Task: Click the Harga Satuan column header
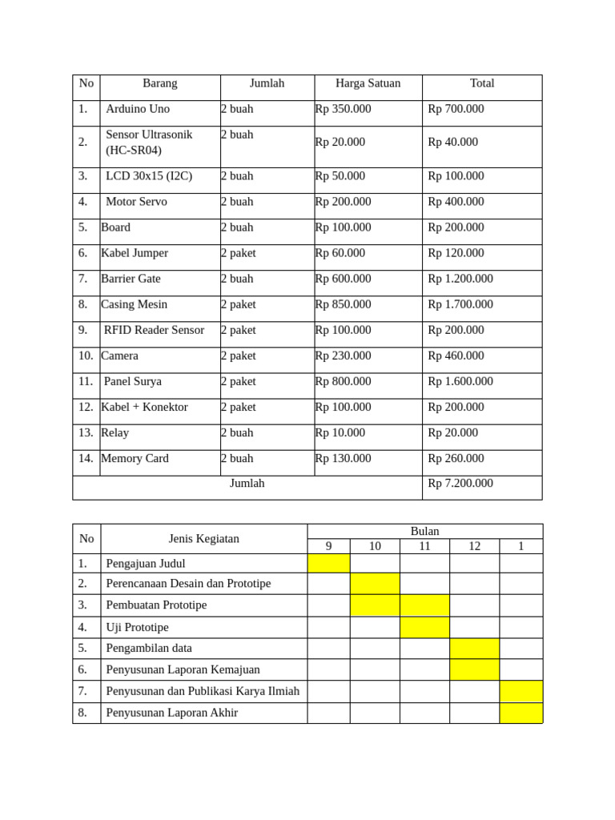tap(368, 83)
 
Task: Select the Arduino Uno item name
tap(138, 109)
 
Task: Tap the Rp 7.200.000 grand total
tap(460, 484)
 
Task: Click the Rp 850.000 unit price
tap(343, 304)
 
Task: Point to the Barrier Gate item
tap(131, 279)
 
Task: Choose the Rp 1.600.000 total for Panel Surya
tap(460, 381)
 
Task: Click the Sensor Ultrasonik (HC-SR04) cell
tap(149, 143)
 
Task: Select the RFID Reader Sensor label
tap(154, 330)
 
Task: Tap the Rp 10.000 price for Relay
tap(340, 432)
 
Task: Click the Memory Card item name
tap(135, 458)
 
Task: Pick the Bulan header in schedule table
tap(424, 532)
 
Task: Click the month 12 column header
tap(474, 546)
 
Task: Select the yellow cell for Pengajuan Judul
tap(328, 563)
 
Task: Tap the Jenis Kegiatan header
tap(203, 539)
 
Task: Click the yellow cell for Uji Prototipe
tap(424, 627)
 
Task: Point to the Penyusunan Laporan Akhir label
tap(171, 713)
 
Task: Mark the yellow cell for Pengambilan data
tap(474, 648)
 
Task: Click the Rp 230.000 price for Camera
tap(343, 356)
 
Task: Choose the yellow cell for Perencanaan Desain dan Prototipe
tap(374, 584)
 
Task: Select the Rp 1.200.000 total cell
tap(460, 279)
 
